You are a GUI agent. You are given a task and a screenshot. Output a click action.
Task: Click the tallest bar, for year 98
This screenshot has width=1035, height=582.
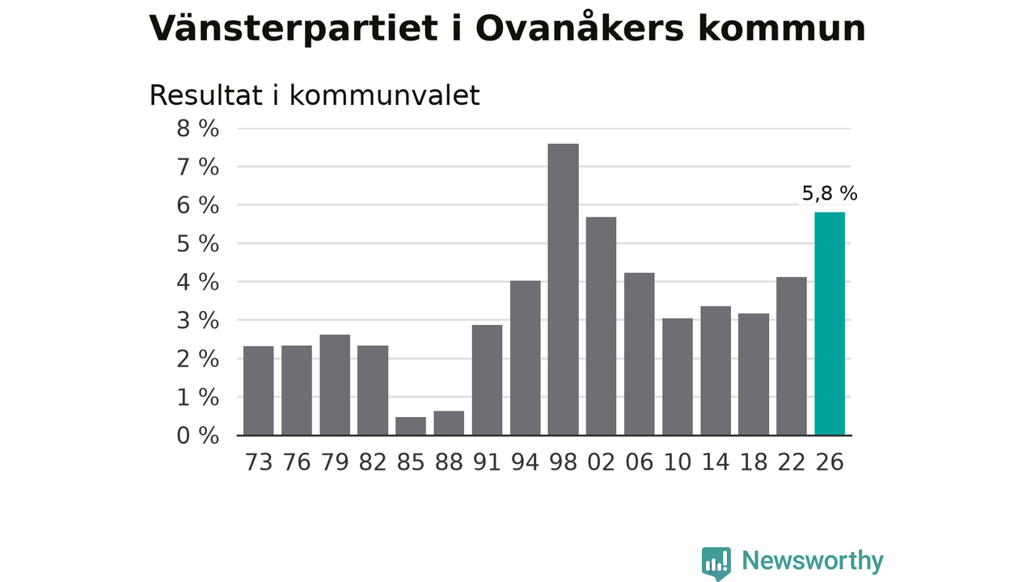[x=564, y=289]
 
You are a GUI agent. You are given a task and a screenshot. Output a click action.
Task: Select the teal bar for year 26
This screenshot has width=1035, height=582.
[x=830, y=323]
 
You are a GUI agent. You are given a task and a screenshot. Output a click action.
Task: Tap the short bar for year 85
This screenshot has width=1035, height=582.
[x=411, y=426]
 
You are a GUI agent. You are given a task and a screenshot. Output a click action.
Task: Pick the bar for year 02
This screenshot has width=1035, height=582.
[x=601, y=326]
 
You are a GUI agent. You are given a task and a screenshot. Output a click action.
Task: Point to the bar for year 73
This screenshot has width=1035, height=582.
[x=258, y=390]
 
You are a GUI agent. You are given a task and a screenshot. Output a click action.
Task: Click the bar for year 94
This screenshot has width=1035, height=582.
[x=526, y=357]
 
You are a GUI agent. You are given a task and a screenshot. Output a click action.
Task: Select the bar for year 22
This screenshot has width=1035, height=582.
[x=792, y=356]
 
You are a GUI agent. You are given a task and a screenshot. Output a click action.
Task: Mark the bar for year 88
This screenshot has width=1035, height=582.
[x=449, y=423]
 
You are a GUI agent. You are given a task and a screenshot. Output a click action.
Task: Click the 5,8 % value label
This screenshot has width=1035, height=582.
[x=830, y=193]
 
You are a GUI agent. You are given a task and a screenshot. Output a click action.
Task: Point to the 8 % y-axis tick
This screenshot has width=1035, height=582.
[x=198, y=129]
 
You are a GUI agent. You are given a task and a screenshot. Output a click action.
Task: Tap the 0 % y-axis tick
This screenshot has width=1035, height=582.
[x=198, y=436]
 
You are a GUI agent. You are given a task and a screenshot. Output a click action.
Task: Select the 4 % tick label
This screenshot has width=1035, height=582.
[x=198, y=282]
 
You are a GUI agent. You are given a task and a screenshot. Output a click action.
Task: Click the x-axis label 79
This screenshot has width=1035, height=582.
[x=335, y=462]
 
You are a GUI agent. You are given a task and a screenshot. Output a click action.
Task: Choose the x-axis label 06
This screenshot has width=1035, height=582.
[x=639, y=462]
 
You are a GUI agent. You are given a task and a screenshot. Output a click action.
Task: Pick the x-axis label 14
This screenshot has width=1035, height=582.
[x=716, y=462]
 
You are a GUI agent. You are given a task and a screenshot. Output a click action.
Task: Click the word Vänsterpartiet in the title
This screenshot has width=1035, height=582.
[x=294, y=28]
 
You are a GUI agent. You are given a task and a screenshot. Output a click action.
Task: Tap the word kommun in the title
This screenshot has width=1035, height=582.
[x=781, y=28]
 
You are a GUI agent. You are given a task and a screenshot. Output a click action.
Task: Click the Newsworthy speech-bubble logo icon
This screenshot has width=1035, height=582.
[x=716, y=563]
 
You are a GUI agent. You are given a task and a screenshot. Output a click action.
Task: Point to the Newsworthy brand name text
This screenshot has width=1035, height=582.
[x=813, y=561]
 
